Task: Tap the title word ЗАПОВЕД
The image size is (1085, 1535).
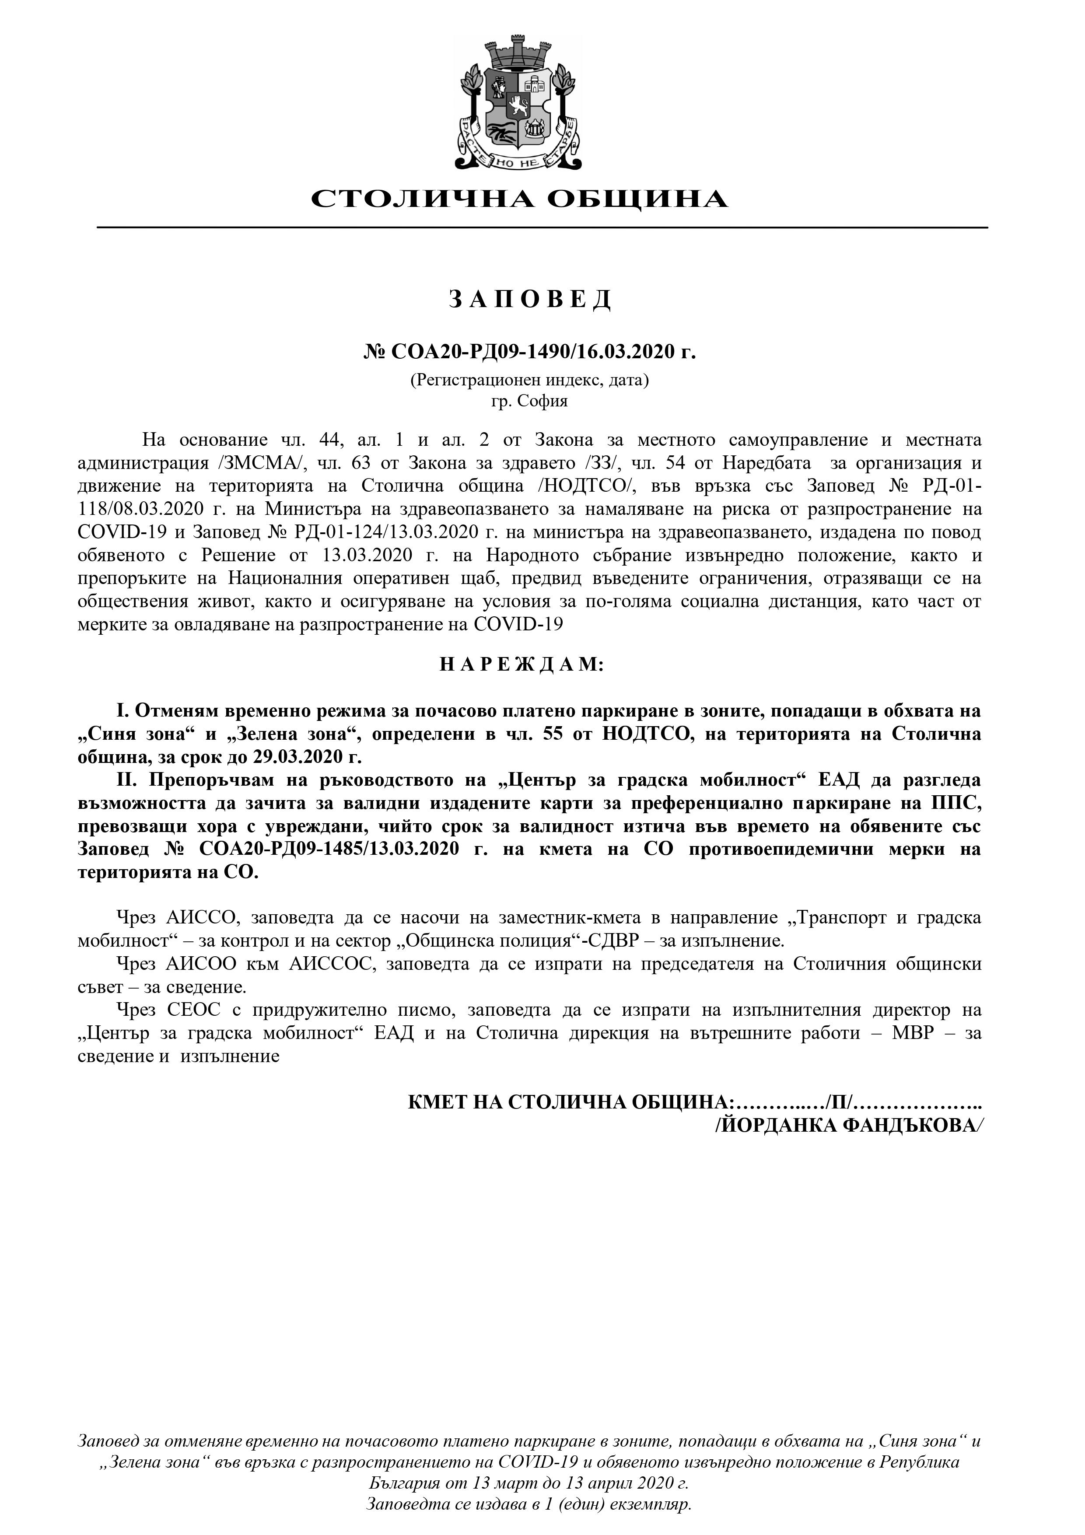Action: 529,300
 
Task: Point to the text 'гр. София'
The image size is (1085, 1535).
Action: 529,401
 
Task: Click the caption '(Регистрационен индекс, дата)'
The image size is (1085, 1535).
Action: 529,381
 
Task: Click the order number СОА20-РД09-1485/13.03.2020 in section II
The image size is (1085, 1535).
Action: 328,850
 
